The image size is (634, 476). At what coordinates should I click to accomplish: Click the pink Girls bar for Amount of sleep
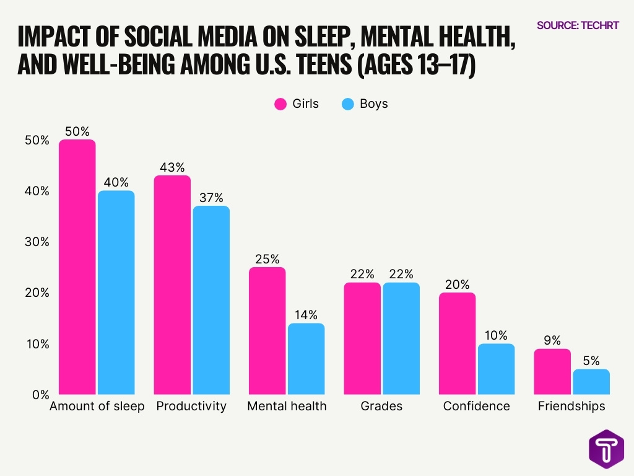pos(77,267)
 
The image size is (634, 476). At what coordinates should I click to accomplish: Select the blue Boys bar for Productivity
pos(211,300)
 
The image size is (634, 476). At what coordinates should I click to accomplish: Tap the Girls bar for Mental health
pos(267,331)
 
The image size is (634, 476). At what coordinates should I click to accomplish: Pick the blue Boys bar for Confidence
pos(496,369)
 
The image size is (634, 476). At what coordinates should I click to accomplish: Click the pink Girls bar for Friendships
pos(552,371)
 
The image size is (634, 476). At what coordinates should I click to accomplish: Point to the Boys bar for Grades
pos(401,338)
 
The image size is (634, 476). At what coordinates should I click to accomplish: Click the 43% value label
pos(172,167)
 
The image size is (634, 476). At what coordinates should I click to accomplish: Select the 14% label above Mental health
pos(306,315)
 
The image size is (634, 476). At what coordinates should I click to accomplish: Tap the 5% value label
pos(591,361)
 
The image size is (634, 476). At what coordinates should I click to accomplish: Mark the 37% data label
pos(211,198)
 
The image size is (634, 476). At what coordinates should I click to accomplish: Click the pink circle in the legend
pos(280,104)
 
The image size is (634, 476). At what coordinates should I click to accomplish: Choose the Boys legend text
pos(373,104)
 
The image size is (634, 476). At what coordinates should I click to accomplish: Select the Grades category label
pos(381,407)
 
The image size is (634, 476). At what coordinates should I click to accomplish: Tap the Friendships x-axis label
pos(571,407)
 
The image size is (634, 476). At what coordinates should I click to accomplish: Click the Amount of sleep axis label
pos(97,407)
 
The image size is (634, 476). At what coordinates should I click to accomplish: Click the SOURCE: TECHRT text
pos(578,25)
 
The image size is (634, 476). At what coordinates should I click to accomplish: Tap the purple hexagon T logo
pos(606,449)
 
